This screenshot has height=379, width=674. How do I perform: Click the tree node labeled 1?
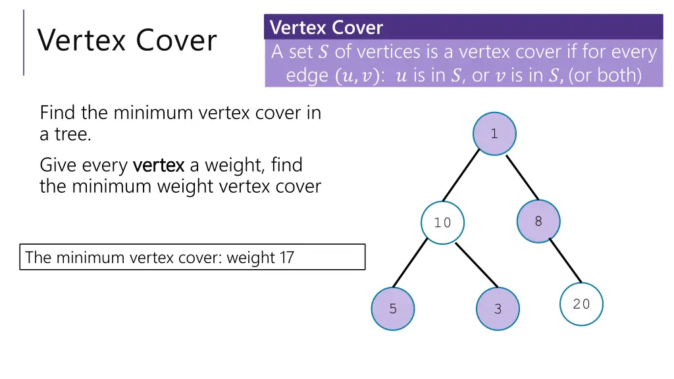[494, 134]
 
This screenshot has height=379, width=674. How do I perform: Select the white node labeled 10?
[442, 222]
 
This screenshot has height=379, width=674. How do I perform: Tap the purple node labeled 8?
[538, 221]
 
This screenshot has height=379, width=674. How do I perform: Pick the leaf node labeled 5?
[393, 309]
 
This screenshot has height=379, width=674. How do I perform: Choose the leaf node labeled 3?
[498, 309]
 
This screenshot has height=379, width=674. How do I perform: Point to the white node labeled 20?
[581, 304]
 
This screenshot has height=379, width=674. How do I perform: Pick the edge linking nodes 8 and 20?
[565, 261]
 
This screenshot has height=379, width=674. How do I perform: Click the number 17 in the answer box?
[286, 257]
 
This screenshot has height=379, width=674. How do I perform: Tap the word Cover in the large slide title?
[176, 41]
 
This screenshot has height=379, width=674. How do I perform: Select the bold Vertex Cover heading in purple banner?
[326, 28]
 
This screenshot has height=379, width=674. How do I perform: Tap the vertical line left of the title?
[24, 42]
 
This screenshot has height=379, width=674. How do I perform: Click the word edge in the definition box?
[307, 76]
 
